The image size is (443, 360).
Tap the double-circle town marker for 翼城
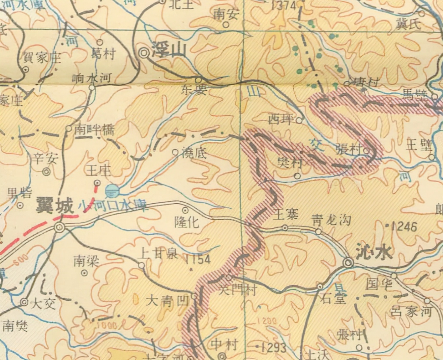coord(59,227)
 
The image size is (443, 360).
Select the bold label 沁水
coord(374,253)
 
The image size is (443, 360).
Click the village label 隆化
coord(187,222)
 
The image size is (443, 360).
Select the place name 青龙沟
coord(331,220)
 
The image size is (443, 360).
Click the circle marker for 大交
coord(24,302)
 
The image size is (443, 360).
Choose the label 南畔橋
coord(94,130)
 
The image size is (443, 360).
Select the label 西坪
coord(280,119)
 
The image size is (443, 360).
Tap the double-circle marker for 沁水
coord(348,263)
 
